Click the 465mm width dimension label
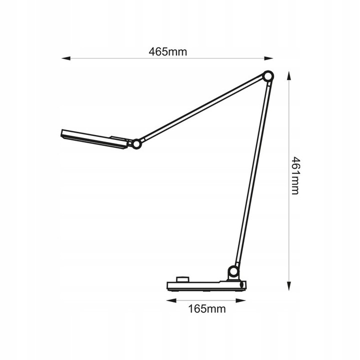tap(167, 51)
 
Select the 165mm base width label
tap(206, 308)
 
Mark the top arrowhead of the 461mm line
tap(289, 74)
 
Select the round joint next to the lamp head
tap(135, 143)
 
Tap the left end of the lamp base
tap(168, 286)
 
